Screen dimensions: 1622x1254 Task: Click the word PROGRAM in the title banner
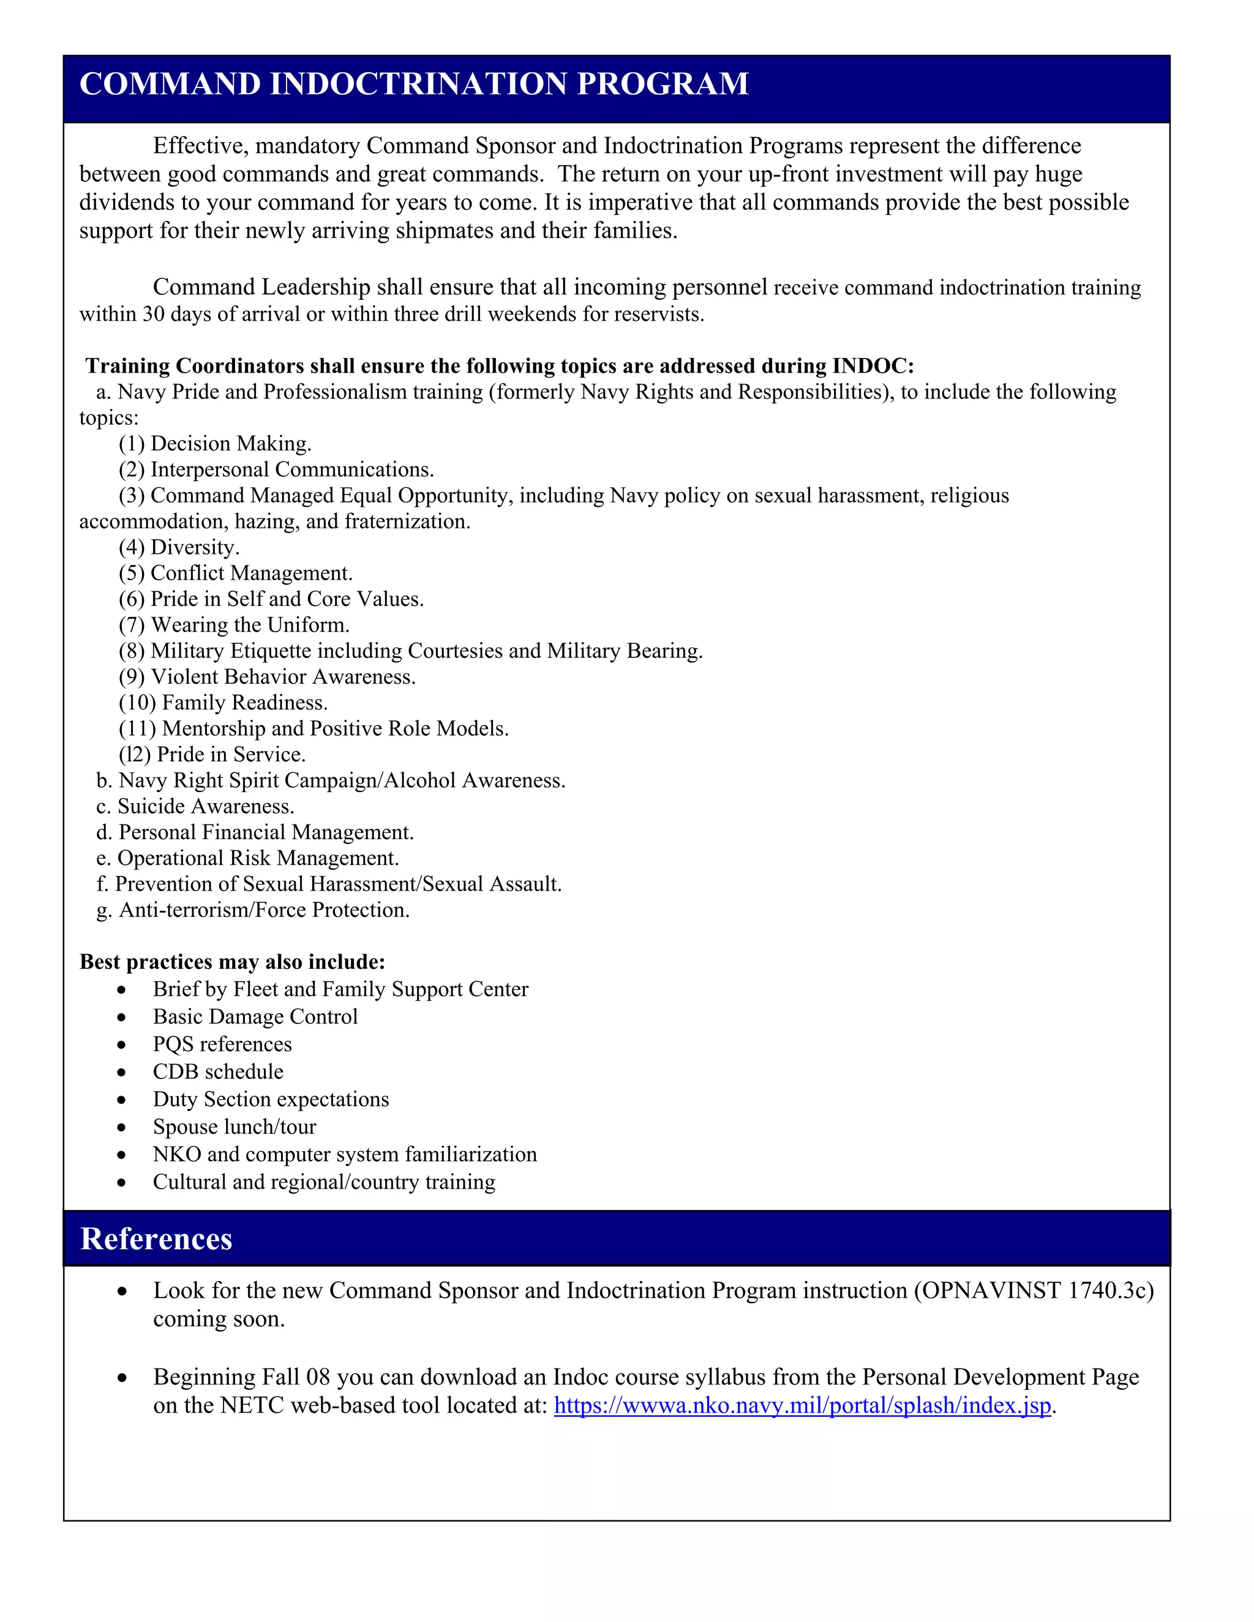(x=662, y=84)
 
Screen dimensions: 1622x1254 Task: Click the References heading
(x=156, y=1239)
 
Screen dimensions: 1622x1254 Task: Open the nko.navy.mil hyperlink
(x=802, y=1406)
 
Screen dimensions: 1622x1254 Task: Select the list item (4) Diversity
(x=179, y=547)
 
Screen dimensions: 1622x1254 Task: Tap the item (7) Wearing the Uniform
(x=234, y=626)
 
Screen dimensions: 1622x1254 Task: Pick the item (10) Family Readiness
(x=223, y=703)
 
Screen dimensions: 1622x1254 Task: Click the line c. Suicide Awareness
(x=195, y=807)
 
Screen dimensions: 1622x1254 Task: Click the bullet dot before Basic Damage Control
(x=121, y=1017)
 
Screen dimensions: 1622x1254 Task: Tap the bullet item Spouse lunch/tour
(x=234, y=1127)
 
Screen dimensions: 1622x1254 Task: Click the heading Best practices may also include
(x=233, y=963)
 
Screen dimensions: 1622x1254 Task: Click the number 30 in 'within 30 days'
(x=153, y=315)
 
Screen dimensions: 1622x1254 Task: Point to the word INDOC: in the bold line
(x=873, y=366)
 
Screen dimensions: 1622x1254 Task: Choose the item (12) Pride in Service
(x=212, y=755)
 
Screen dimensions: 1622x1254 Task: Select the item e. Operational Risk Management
(x=247, y=859)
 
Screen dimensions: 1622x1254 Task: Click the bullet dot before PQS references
(x=121, y=1045)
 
